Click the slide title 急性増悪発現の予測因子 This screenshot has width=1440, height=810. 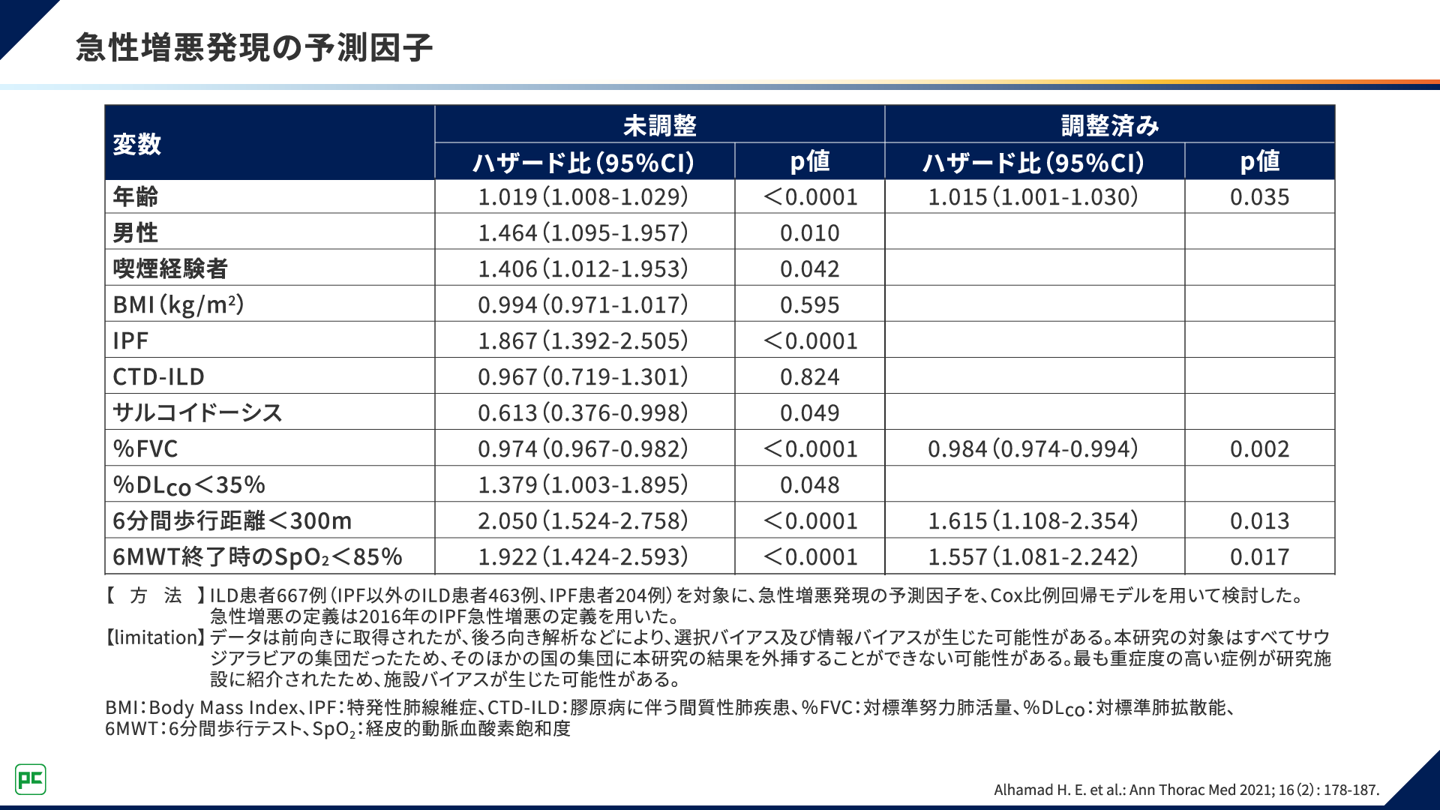[x=254, y=47]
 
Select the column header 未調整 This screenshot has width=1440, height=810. [x=659, y=125]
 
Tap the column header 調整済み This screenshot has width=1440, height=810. [x=1109, y=125]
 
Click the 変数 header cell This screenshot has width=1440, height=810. [x=137, y=143]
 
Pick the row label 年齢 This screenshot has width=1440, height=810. [x=136, y=196]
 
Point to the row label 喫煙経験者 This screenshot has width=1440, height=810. [x=170, y=268]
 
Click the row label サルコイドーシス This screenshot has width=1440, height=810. [x=197, y=412]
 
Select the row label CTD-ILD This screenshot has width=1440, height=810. [x=158, y=376]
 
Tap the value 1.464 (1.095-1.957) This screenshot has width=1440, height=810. [x=583, y=232]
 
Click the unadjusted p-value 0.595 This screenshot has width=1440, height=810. [x=809, y=304]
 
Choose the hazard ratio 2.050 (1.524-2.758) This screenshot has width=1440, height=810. [x=583, y=520]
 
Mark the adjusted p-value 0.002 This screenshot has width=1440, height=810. [x=1259, y=448]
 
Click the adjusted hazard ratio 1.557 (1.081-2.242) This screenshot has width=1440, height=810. [x=1033, y=556]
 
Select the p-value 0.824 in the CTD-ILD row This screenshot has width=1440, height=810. [x=809, y=376]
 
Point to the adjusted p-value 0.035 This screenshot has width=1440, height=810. [x=1259, y=196]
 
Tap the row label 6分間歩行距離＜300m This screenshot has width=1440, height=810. [x=232, y=520]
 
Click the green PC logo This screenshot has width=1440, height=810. [x=31, y=779]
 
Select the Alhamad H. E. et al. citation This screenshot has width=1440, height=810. [x=1186, y=790]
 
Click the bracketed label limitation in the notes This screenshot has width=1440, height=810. [x=155, y=637]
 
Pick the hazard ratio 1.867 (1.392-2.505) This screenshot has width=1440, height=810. [x=583, y=340]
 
